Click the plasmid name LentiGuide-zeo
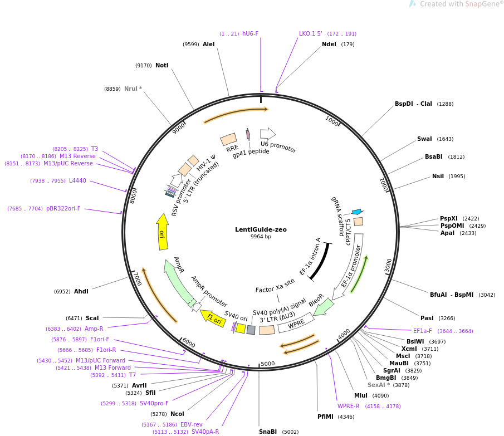tap(261, 229)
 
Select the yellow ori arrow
tap(163, 231)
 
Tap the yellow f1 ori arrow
tap(213, 319)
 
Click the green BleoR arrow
tap(324, 306)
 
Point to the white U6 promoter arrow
tap(268, 133)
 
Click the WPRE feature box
tap(296, 323)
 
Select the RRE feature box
tap(228, 139)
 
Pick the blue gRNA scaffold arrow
tap(358, 212)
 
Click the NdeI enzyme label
tap(329, 44)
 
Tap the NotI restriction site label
tap(162, 65)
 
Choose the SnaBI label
tap(268, 432)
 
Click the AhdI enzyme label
tap(81, 291)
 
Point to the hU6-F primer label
tap(251, 33)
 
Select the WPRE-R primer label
tap(349, 406)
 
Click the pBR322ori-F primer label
tap(63, 208)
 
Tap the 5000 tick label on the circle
tap(268, 364)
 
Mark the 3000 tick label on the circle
tap(389, 266)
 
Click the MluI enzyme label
tap(361, 395)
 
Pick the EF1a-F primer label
tap(423, 331)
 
